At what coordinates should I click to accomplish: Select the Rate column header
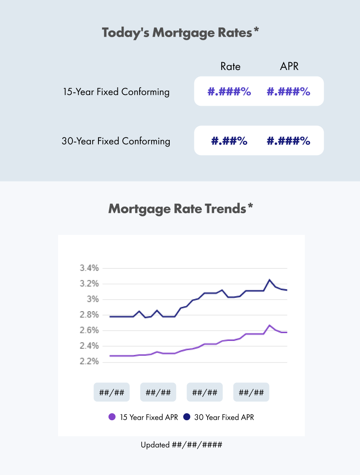pyautogui.click(x=230, y=66)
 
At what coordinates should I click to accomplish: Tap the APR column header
pyautogui.click(x=289, y=66)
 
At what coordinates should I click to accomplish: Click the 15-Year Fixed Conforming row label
pyautogui.click(x=116, y=91)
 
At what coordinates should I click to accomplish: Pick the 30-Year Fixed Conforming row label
pyautogui.click(x=116, y=141)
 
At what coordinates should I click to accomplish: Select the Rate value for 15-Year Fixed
pyautogui.click(x=229, y=91)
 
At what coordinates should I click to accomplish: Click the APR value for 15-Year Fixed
pyautogui.click(x=288, y=91)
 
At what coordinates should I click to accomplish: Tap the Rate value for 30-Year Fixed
pyautogui.click(x=229, y=141)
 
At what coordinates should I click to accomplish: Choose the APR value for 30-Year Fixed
pyautogui.click(x=288, y=141)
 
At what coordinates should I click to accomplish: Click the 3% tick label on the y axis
pyautogui.click(x=93, y=299)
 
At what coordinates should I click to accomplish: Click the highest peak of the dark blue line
pyautogui.click(x=269, y=280)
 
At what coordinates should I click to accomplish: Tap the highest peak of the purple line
pyautogui.click(x=269, y=325)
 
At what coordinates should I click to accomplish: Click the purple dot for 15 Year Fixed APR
pyautogui.click(x=112, y=417)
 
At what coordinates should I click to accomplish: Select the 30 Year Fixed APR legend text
pyautogui.click(x=224, y=417)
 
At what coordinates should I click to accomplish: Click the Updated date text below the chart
pyautogui.click(x=181, y=445)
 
